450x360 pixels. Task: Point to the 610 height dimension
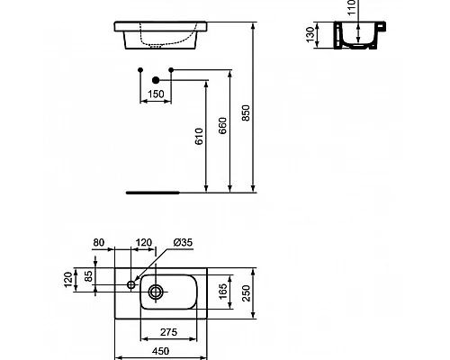[199, 135]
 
